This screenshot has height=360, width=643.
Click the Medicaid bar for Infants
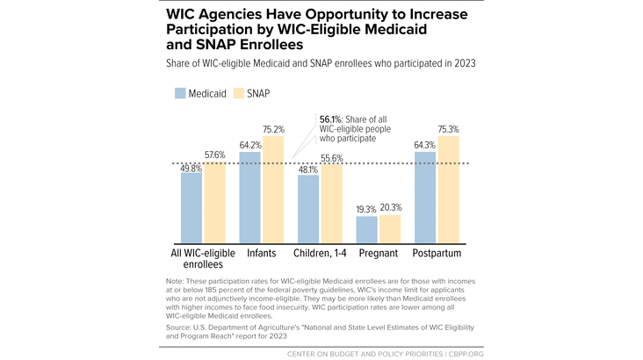pyautogui.click(x=249, y=198)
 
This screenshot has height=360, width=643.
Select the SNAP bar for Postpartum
pyautogui.click(x=449, y=190)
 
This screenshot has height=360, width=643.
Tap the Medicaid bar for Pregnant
pyautogui.click(x=366, y=230)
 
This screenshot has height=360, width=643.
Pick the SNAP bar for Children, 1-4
pyautogui.click(x=332, y=204)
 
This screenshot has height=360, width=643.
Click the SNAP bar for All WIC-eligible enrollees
pyautogui.click(x=215, y=203)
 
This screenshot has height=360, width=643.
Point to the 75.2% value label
pyautogui.click(x=273, y=130)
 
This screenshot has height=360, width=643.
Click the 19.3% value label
pyautogui.click(x=366, y=210)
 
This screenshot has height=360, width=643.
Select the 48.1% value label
pyautogui.click(x=308, y=169)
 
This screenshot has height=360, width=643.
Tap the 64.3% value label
pyautogui.click(x=424, y=145)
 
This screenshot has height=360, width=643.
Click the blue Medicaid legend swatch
pyautogui.click(x=180, y=93)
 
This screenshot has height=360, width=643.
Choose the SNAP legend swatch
pyautogui.click(x=239, y=93)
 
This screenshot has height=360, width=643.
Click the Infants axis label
pyautogui.click(x=262, y=253)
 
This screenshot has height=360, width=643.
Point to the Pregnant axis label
pyautogui.click(x=379, y=254)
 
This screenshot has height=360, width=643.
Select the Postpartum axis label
pyautogui.click(x=437, y=254)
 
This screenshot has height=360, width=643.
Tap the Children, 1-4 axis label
pyautogui.click(x=320, y=253)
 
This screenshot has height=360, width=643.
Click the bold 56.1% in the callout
pyautogui.click(x=330, y=119)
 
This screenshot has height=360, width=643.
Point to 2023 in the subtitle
pyautogui.click(x=465, y=63)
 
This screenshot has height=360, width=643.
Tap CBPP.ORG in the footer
pyautogui.click(x=466, y=354)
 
